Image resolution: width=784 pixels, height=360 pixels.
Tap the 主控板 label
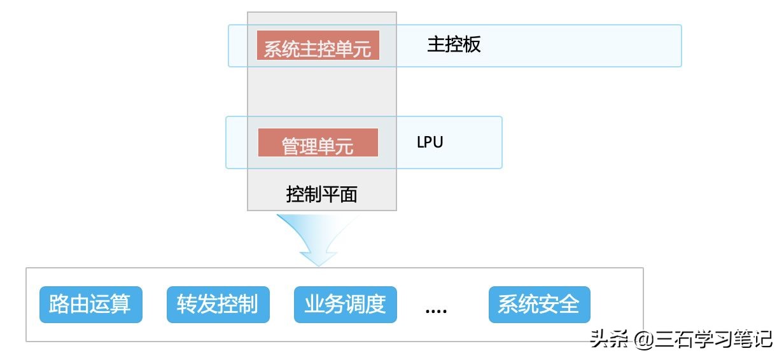[454, 45]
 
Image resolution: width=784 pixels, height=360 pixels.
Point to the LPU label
[430, 142]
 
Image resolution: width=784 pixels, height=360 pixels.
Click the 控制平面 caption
[321, 194]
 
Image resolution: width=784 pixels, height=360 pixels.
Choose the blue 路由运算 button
[90, 305]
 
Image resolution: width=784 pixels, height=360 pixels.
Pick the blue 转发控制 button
[218, 305]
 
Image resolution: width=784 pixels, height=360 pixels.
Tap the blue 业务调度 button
[345, 305]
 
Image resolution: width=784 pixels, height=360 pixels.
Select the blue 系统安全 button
[539, 305]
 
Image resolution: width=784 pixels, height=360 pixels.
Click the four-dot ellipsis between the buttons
[436, 310]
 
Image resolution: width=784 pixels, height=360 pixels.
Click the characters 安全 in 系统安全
[559, 305]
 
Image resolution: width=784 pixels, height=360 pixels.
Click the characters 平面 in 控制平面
[340, 194]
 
